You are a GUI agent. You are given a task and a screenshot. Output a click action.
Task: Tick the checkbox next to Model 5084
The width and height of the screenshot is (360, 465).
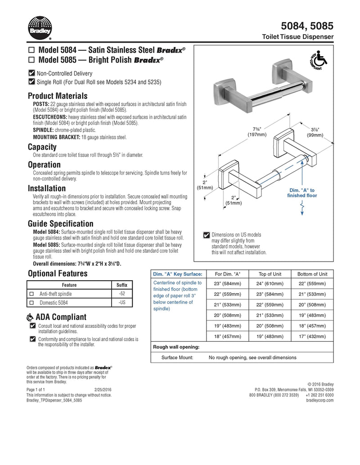tap(31, 50)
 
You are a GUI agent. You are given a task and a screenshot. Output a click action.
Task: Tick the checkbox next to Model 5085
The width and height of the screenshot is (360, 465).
tap(31, 60)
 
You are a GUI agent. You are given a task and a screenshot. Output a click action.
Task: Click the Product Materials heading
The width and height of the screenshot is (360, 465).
tap(58, 96)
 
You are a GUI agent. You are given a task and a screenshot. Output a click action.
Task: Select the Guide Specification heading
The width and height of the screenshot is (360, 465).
tap(61, 224)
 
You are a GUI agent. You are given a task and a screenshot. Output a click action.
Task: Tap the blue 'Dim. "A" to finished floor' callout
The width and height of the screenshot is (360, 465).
tap(302, 193)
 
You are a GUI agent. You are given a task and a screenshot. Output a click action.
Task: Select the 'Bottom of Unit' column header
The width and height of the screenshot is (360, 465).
tap(312, 274)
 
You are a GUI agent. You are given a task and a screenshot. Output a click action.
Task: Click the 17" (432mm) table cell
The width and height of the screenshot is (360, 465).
tap(312, 336)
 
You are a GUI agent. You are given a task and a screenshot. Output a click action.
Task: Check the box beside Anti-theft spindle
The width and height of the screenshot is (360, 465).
tap(31, 294)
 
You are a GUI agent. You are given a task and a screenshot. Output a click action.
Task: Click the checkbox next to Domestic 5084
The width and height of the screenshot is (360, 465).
tap(31, 303)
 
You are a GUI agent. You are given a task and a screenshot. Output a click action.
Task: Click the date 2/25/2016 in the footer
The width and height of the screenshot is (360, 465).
tap(103, 389)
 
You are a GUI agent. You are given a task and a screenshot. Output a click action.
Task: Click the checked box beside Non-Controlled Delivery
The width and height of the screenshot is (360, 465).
tap(31, 73)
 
